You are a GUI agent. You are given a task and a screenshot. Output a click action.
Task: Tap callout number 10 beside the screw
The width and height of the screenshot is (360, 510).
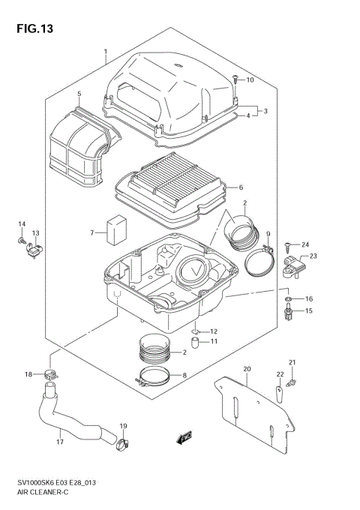coord(250,80)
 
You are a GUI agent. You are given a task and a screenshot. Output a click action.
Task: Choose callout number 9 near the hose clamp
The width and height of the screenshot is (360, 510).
coord(267,235)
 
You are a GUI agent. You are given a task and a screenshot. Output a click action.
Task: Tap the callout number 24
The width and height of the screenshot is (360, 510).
coord(305,245)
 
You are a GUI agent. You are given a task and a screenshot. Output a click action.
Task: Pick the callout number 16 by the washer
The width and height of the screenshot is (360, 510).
coord(308,298)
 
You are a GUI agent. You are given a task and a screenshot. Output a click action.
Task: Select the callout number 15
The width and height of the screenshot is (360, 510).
coord(308,311)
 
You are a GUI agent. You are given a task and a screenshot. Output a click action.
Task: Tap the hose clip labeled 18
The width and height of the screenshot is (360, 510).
coord(51,373)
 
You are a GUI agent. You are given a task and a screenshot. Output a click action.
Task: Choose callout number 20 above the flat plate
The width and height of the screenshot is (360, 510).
coord(246,369)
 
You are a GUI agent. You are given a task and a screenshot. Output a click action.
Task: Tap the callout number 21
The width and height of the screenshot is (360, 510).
coord(293,363)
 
